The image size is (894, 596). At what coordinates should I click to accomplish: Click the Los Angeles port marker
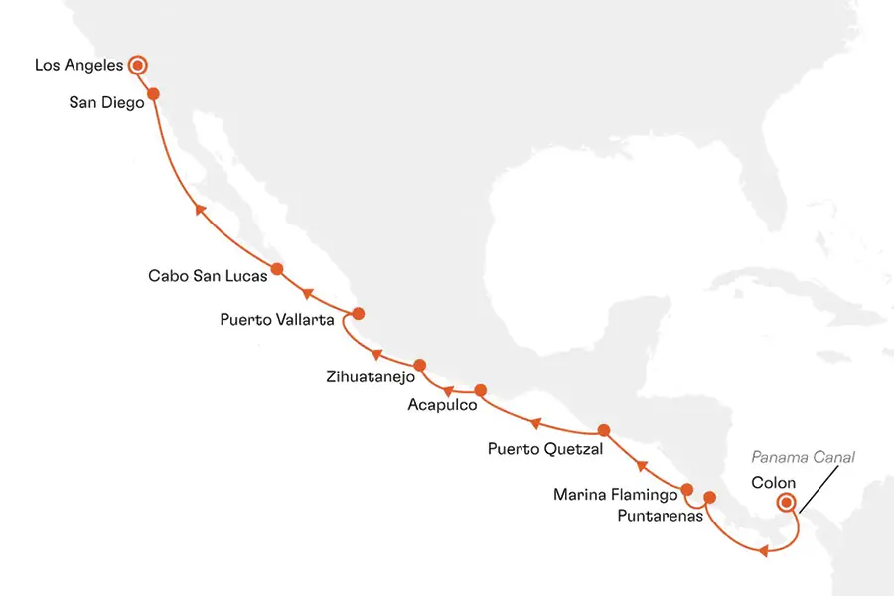138,66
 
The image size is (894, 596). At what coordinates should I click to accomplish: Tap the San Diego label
107,101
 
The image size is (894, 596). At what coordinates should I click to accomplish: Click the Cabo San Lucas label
208,276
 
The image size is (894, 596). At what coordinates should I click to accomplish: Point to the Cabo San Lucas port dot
277,268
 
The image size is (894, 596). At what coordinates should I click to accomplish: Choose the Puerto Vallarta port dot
359,313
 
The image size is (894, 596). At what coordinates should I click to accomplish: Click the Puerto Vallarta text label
278,320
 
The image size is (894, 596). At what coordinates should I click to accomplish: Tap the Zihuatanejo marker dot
419,365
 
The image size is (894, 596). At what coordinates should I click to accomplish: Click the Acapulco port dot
480,390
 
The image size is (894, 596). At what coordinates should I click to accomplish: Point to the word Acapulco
442,405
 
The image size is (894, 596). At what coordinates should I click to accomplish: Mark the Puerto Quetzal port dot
603,430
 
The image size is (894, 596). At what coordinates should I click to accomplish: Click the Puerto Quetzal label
545,449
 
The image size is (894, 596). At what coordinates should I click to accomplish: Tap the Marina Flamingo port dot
686,490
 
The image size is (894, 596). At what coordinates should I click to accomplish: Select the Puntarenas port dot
709,497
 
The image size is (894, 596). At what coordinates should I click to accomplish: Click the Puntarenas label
659,516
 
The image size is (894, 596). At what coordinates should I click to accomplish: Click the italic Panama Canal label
802,457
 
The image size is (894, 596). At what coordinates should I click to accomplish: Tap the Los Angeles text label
78,66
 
